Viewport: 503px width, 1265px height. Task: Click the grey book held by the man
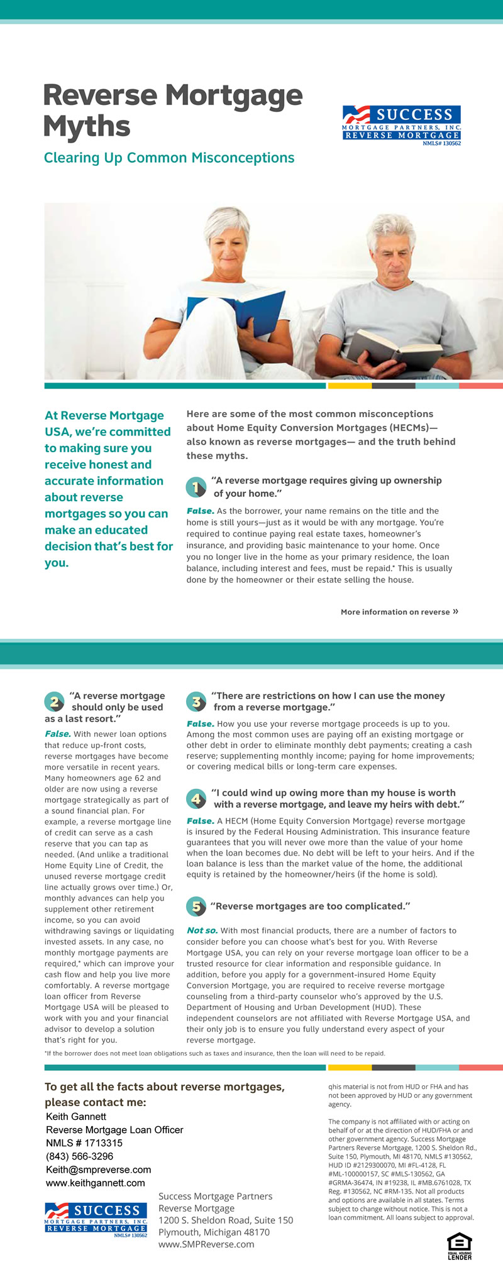pos(393,349)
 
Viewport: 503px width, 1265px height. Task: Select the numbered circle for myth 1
pos(196,487)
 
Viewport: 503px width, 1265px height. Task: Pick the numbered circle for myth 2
pos(55,702)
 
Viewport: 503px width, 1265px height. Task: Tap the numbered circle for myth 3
pos(196,702)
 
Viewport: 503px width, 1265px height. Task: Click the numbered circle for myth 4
pos(196,799)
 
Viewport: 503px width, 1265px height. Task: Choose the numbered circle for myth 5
pos(196,906)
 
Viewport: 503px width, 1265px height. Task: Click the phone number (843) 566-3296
pos(80,1156)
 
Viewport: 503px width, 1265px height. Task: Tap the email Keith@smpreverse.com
pos(99,1170)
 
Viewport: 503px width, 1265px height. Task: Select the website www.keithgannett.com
pos(96,1183)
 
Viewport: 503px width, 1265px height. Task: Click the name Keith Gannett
pos(76,1117)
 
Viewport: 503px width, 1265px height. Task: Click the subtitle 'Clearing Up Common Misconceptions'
pos(169,158)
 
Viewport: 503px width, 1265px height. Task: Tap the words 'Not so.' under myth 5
pos(202,931)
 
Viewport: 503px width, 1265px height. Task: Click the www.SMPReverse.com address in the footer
pos(206,1244)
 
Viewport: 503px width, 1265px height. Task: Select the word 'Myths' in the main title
pos(87,126)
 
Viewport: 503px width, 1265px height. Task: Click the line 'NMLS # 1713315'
pos(84,1143)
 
